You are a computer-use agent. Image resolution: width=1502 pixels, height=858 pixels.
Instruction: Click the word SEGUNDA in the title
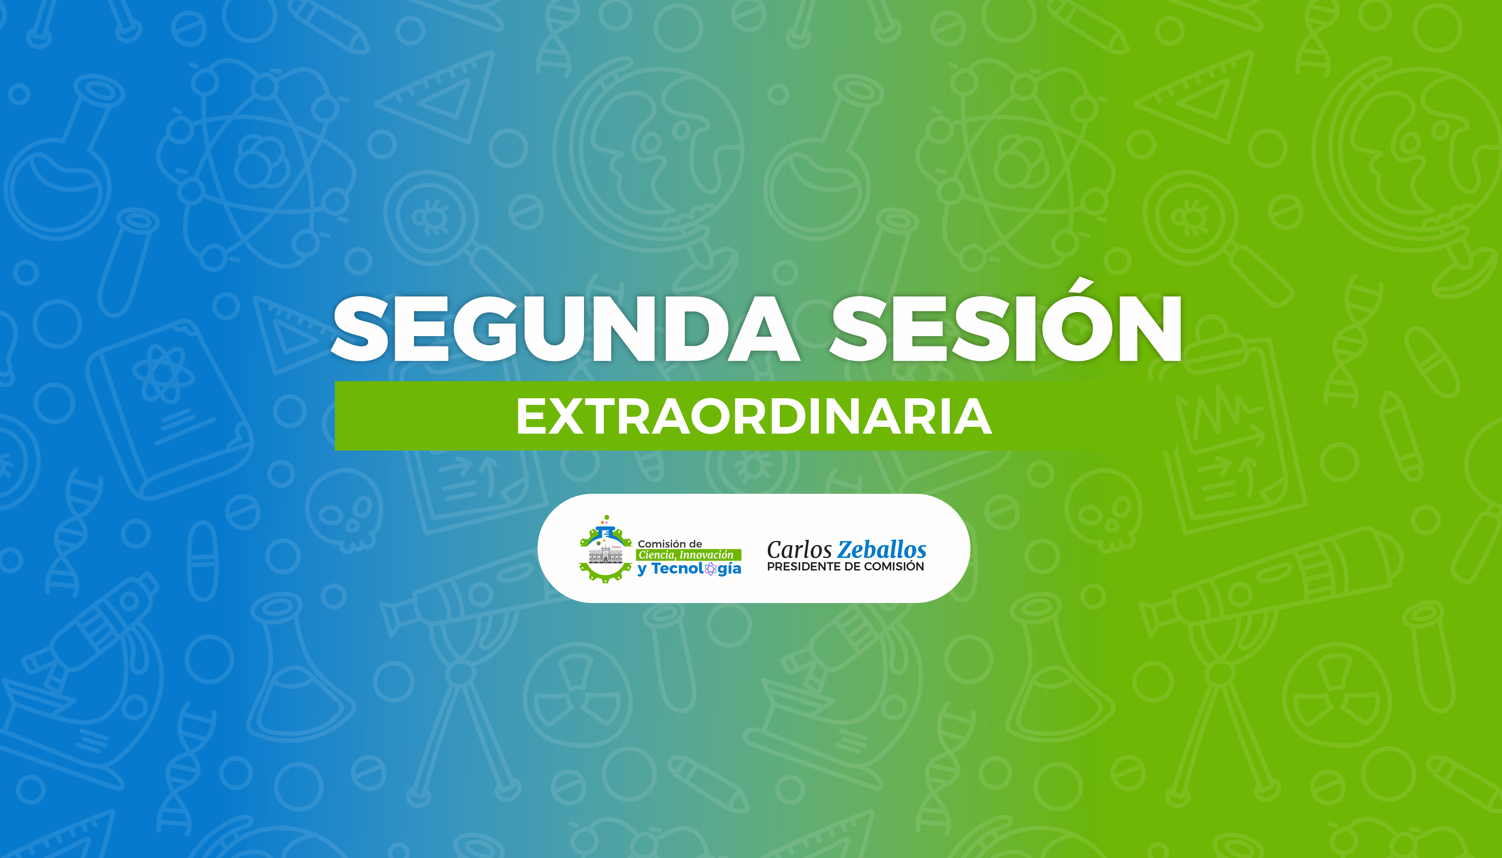[565, 329]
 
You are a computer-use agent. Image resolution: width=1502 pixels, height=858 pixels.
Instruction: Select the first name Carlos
[799, 550]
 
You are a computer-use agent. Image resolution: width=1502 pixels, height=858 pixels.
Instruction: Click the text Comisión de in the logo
[670, 544]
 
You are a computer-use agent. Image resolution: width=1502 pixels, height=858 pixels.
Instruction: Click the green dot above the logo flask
[606, 517]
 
